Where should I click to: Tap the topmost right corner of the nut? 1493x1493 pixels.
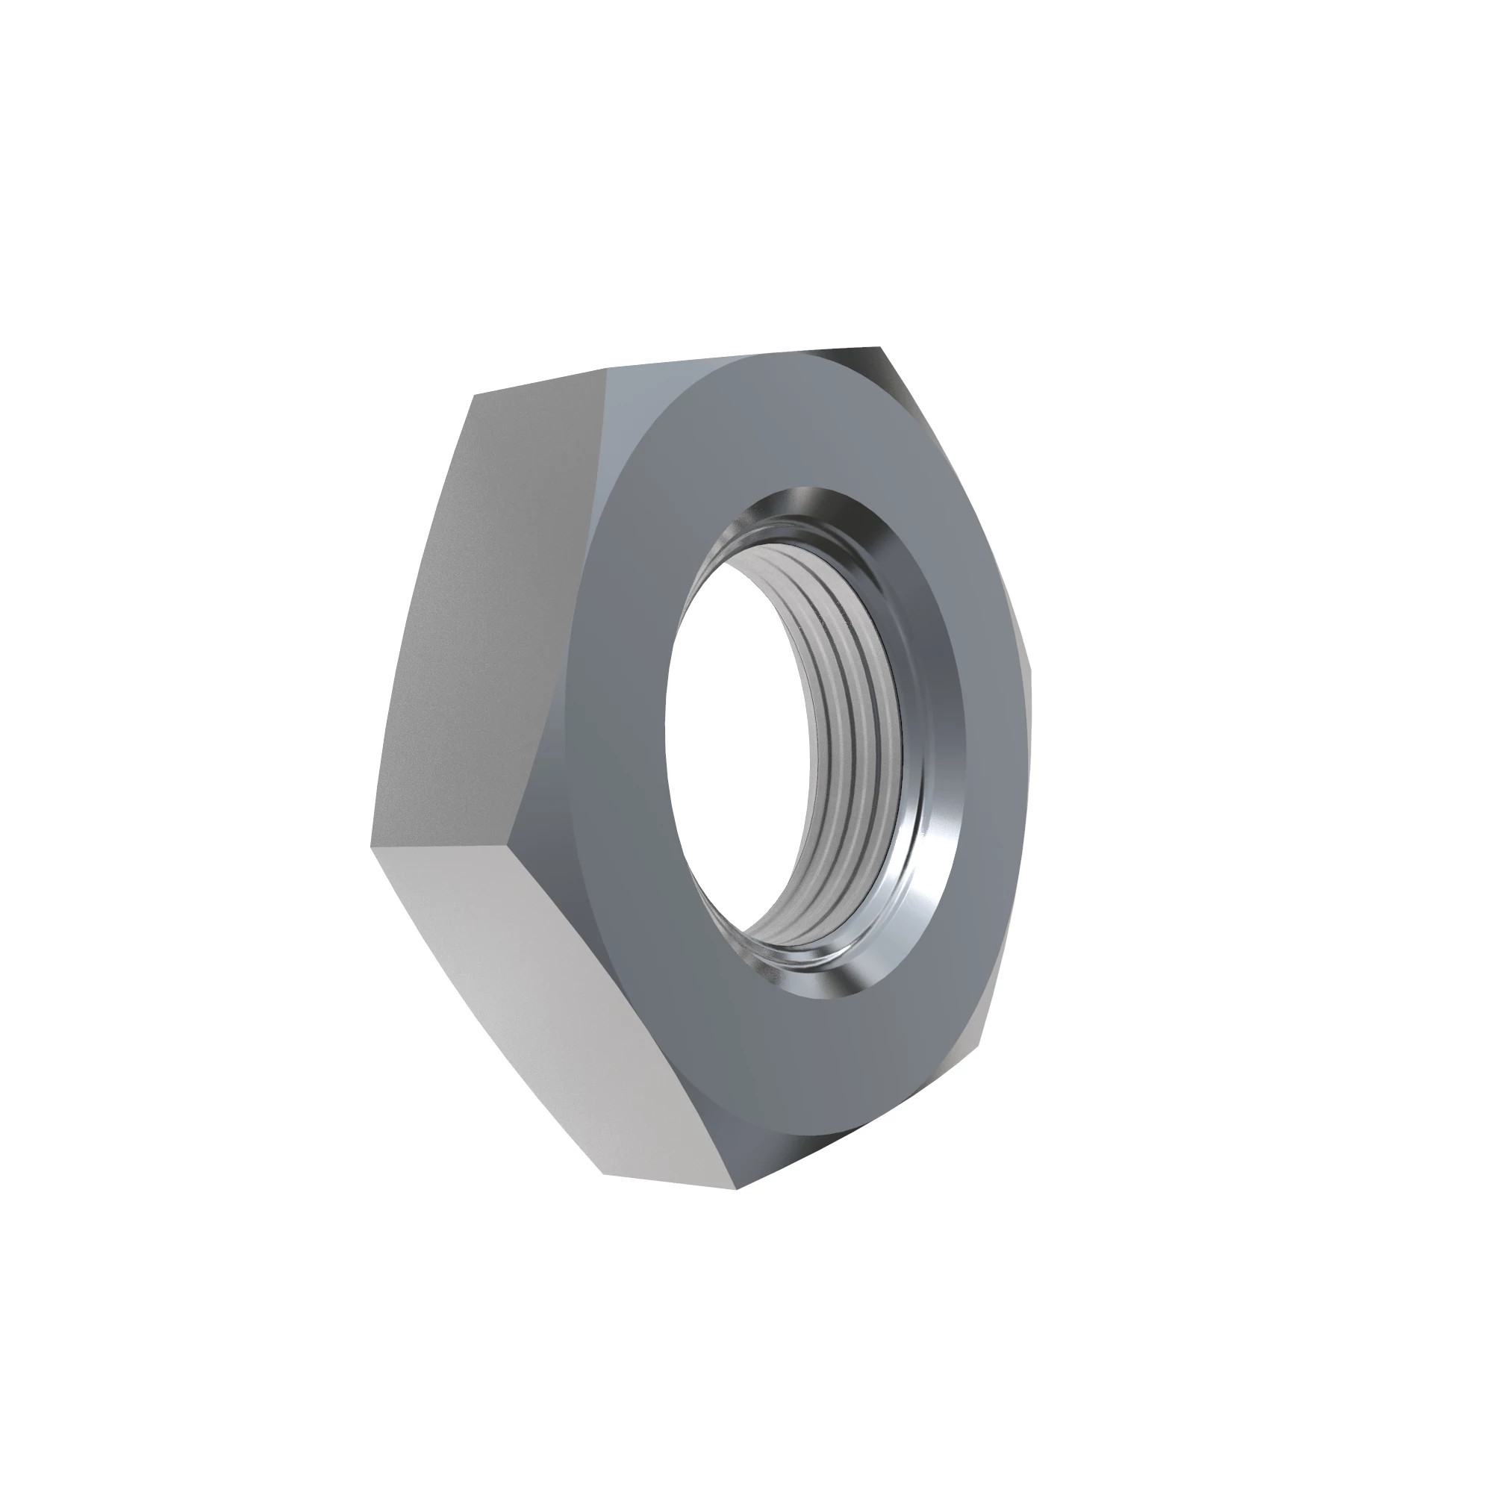pos(879,348)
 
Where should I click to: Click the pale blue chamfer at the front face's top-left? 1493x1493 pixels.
pos(618,433)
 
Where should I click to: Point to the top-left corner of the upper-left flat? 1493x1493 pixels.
pos(475,395)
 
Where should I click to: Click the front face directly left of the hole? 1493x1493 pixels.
pos(611,734)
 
